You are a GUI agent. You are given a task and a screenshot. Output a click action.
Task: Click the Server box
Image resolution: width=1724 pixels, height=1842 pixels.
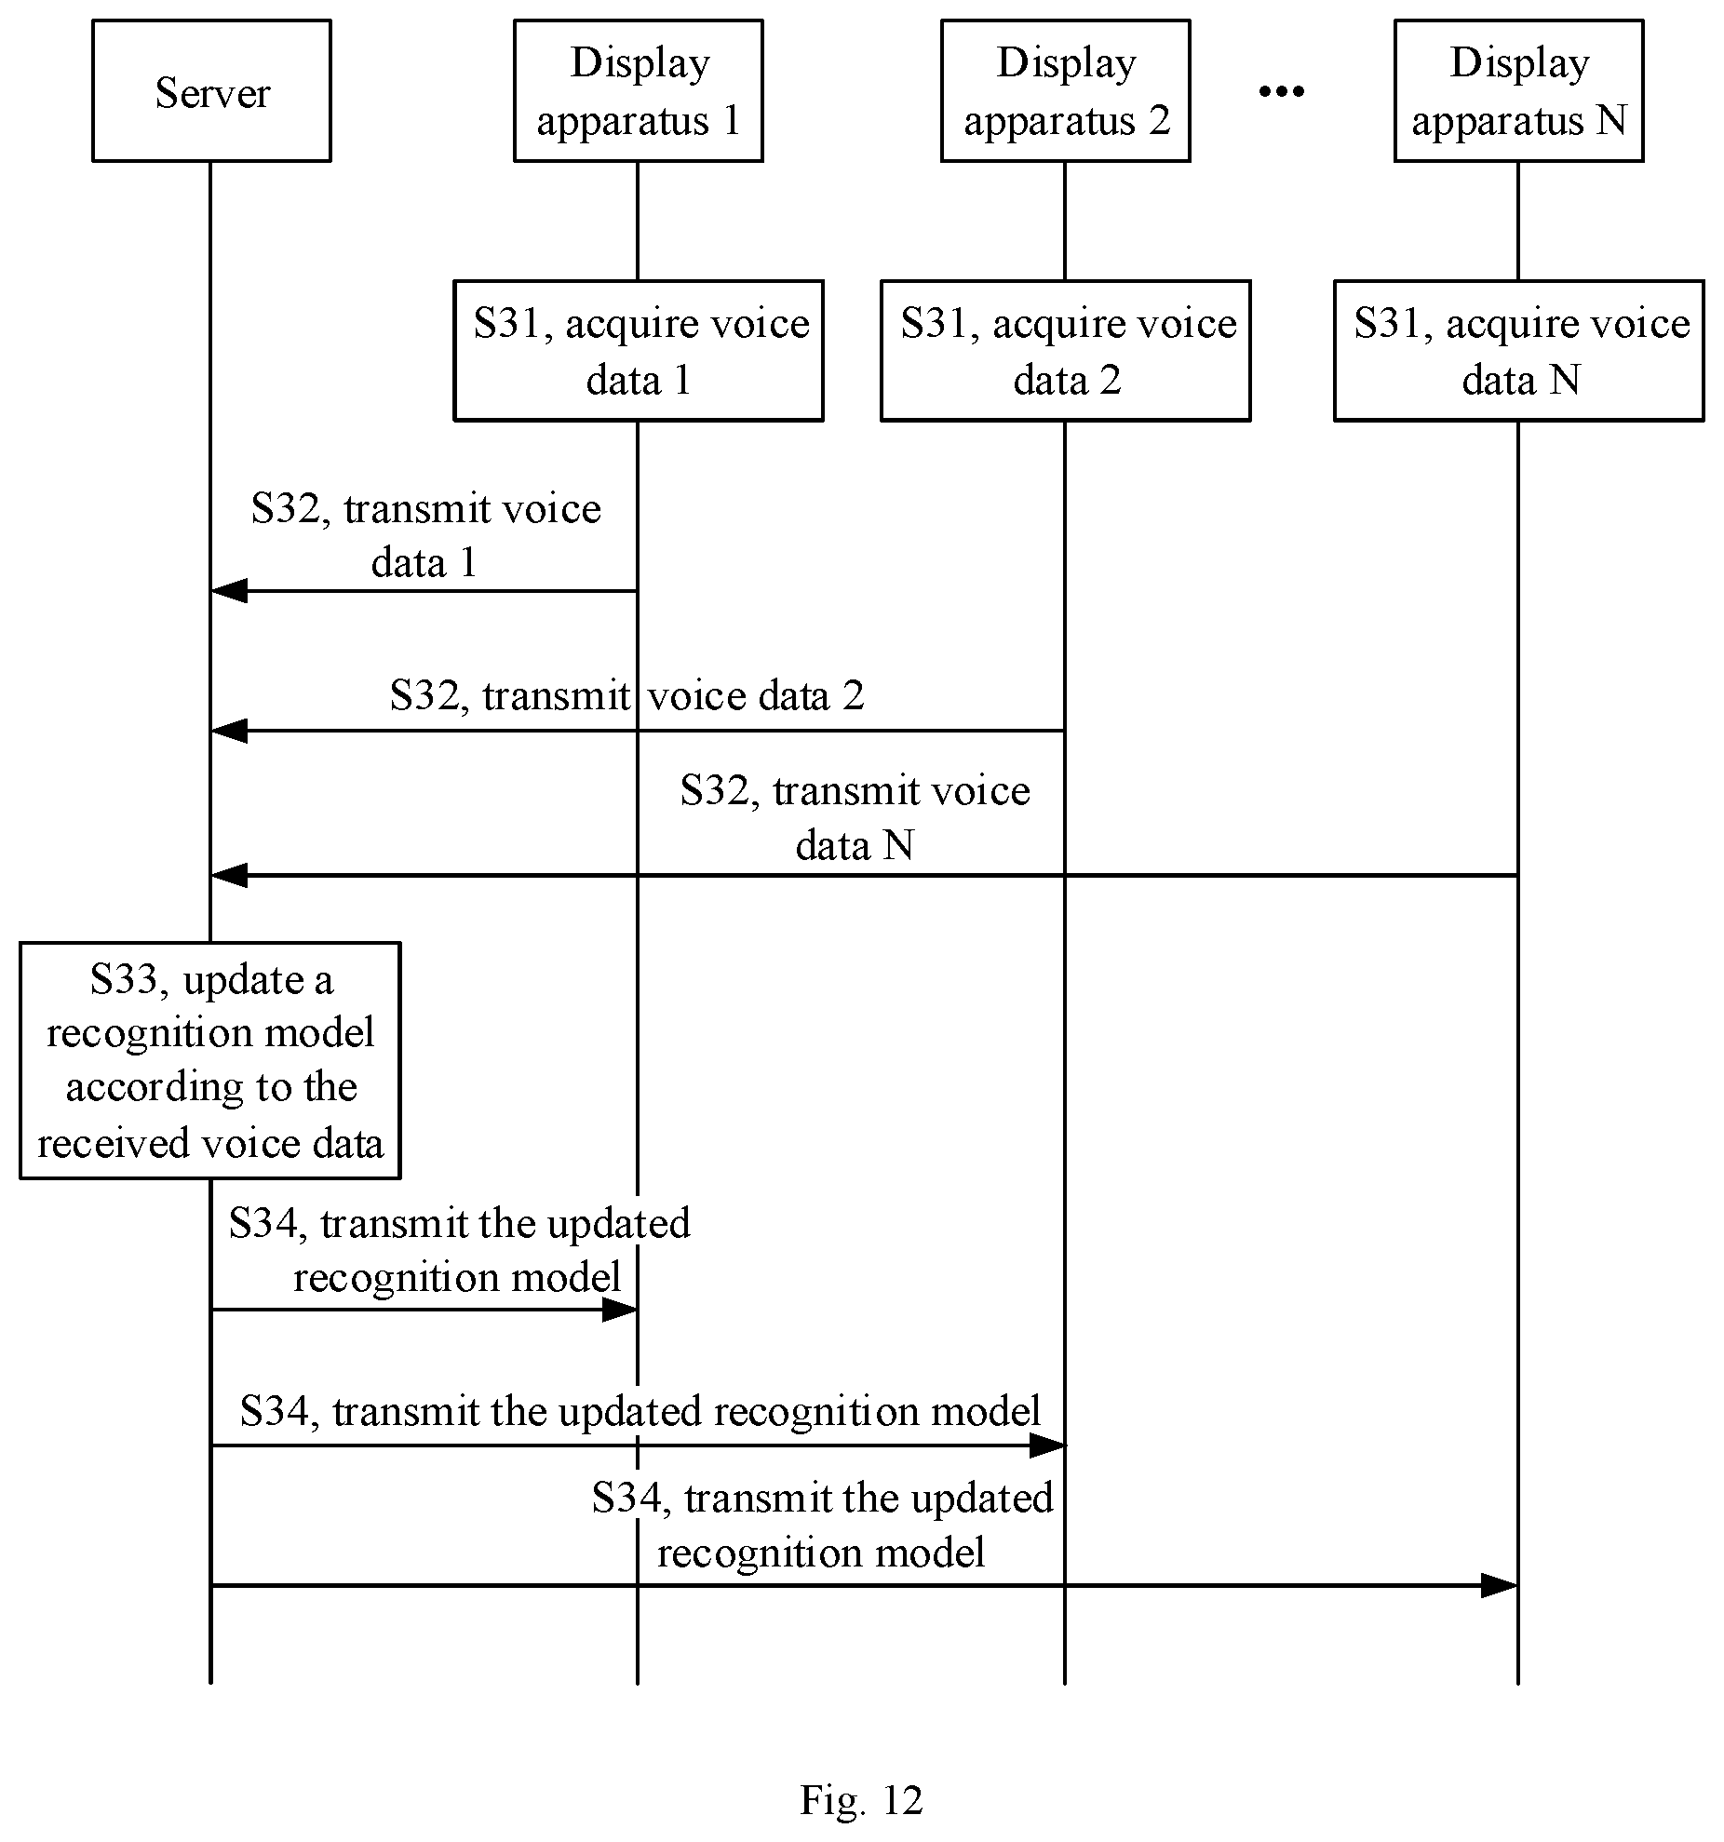[x=211, y=90]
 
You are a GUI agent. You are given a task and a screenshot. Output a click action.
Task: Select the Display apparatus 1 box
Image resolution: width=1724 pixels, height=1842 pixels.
[x=639, y=90]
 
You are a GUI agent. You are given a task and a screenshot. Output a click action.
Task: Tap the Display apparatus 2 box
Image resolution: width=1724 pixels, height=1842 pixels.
[x=1066, y=90]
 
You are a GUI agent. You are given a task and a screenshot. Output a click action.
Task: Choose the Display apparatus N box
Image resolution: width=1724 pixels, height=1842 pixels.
[x=1518, y=90]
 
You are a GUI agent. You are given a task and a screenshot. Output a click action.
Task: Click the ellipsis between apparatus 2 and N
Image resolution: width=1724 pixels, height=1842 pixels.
[x=1282, y=91]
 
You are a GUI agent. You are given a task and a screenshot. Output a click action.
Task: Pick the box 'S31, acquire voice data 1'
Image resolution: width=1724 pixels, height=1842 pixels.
[x=639, y=350]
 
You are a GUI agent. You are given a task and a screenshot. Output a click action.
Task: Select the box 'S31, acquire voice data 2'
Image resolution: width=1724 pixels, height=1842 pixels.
[x=1066, y=350]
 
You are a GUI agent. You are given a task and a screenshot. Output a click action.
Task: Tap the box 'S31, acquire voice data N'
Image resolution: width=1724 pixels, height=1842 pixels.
[x=1519, y=350]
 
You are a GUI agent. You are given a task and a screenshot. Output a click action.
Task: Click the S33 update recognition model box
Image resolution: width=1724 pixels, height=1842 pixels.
[x=210, y=1060]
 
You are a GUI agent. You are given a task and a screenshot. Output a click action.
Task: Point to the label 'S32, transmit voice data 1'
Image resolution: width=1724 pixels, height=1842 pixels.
[x=426, y=535]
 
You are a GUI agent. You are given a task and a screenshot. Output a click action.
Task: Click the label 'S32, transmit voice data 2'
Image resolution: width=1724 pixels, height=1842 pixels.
[x=627, y=695]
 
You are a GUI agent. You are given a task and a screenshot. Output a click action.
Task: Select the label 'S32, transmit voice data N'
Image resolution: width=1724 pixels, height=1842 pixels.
[x=855, y=817]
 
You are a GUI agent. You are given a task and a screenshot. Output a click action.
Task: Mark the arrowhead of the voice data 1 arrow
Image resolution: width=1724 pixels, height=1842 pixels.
[x=229, y=590]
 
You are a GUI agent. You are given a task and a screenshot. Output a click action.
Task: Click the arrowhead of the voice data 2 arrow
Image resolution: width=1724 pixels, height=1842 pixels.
[x=229, y=731]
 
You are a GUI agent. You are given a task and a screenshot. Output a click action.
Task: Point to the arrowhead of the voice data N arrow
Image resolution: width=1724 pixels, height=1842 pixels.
[x=229, y=875]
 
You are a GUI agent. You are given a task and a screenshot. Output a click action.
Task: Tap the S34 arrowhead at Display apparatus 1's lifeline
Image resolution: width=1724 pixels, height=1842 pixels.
[x=620, y=1310]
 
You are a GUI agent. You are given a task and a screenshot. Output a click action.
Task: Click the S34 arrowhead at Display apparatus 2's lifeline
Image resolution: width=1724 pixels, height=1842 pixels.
[x=1047, y=1445]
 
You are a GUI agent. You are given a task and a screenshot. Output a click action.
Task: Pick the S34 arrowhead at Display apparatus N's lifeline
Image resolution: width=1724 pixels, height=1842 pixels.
[x=1500, y=1585]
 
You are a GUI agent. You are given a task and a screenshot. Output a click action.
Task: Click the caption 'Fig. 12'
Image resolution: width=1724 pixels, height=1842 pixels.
[x=861, y=1801]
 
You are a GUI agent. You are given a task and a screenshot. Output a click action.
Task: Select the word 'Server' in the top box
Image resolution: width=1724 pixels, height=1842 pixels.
[x=212, y=93]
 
